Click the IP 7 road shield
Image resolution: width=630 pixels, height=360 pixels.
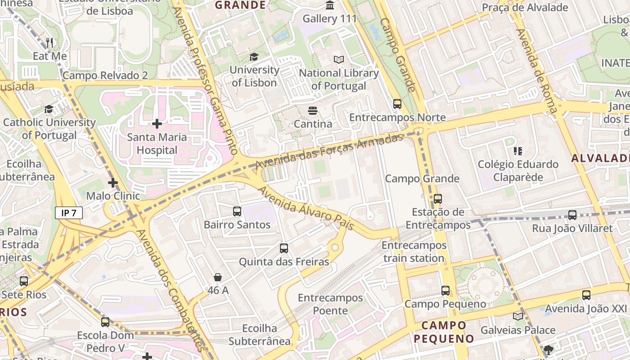69,213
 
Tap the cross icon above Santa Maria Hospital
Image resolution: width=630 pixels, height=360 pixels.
157,123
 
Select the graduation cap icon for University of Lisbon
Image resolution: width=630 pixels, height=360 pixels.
254,57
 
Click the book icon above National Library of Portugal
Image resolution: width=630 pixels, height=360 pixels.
339,59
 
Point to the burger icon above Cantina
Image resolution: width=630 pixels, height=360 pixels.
313,110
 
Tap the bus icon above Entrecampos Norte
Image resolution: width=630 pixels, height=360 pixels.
397,104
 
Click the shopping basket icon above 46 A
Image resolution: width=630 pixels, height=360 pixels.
218,277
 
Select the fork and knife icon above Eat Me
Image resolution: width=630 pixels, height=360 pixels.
50,43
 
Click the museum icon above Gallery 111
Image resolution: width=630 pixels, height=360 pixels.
330,5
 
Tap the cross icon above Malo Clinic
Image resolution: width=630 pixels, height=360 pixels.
113,183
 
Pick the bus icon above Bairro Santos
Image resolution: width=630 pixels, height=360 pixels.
237,211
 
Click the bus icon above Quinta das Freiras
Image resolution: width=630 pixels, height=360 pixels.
284,248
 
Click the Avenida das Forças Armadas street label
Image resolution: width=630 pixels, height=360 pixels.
329,151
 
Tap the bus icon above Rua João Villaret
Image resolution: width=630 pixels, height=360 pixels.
572,215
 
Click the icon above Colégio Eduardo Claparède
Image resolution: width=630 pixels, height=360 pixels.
518,151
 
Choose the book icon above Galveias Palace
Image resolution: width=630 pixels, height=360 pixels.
518,316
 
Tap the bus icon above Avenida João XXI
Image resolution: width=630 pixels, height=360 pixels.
586,295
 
